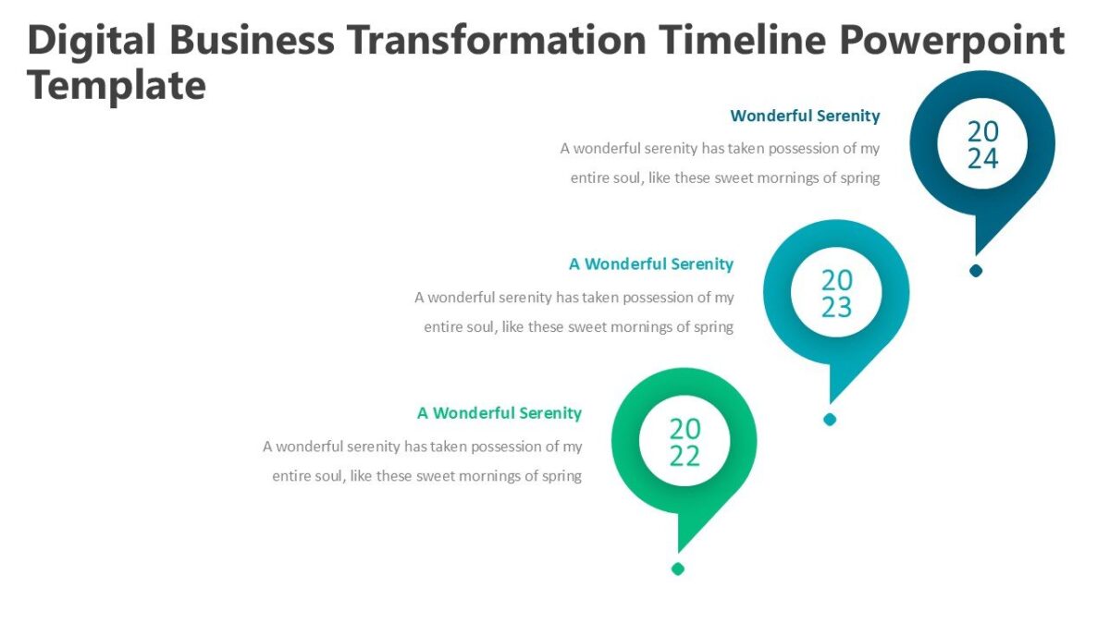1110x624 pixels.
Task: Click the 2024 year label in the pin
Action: [x=982, y=145]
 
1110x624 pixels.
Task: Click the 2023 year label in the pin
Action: [x=836, y=294]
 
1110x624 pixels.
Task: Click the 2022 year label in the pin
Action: [x=684, y=443]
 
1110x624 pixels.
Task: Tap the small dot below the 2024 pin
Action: [x=975, y=270]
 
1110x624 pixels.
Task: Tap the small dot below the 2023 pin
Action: [x=830, y=419]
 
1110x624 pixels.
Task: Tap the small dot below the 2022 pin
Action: [x=678, y=569]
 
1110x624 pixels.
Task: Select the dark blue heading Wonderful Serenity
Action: [x=805, y=116]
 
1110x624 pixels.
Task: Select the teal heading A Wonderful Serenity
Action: [x=650, y=264]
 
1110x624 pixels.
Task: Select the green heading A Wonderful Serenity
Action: [x=499, y=413]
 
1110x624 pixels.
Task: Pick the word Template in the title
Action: [x=117, y=85]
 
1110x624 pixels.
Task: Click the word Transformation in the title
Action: [x=496, y=42]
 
